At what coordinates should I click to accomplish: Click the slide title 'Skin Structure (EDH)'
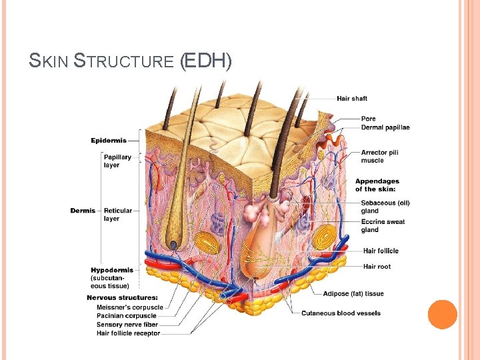tap(131, 61)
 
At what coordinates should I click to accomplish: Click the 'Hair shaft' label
tap(351, 99)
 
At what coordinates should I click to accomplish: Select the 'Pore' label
tap(368, 119)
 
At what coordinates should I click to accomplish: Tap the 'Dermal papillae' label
tap(385, 127)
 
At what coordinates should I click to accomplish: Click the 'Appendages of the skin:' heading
tap(377, 185)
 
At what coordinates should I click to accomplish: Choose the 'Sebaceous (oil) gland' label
tap(385, 207)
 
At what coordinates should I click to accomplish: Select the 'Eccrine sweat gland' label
tap(383, 225)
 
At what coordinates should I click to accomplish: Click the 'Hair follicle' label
tap(381, 251)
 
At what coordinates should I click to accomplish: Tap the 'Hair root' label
tap(377, 267)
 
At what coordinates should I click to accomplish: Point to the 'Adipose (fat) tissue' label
tap(353, 294)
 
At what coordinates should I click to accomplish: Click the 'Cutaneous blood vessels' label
tap(341, 313)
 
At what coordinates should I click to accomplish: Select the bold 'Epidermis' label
tap(109, 141)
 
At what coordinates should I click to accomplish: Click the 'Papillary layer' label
tap(117, 161)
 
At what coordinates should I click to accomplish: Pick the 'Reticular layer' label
tap(118, 215)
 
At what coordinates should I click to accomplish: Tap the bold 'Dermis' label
tap(83, 211)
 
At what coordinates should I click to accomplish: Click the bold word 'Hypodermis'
tap(112, 270)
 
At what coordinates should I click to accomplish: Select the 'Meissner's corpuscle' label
tap(129, 307)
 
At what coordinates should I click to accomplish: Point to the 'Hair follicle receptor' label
tap(128, 333)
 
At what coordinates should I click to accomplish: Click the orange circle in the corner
tap(442, 315)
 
